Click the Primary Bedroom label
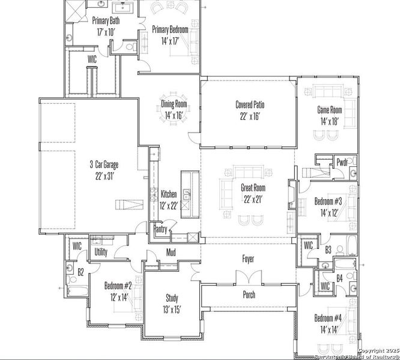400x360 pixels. click(x=170, y=29)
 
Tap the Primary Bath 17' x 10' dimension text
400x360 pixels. click(x=106, y=31)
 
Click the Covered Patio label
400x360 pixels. click(x=250, y=104)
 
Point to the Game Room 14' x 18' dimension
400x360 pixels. click(x=329, y=121)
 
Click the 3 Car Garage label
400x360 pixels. click(x=104, y=164)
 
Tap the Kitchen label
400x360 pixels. click(x=169, y=194)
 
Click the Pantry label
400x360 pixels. click(x=161, y=229)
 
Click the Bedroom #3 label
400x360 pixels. click(x=328, y=202)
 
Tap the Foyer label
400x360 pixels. click(x=248, y=259)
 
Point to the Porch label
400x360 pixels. click(x=249, y=295)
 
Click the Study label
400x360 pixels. click(x=172, y=298)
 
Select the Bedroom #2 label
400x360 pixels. click(x=118, y=285)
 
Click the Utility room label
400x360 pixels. click(x=101, y=252)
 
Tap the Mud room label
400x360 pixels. click(x=171, y=253)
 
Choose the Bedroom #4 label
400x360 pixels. click(x=328, y=318)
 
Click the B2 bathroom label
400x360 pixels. click(x=80, y=272)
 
